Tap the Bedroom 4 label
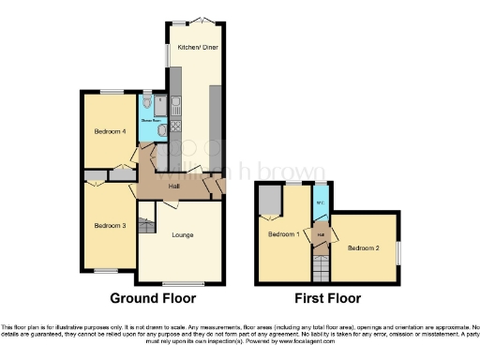click(x=110, y=132)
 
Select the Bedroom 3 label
click(x=110, y=225)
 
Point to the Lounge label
click(x=183, y=234)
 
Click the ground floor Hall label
click(x=173, y=187)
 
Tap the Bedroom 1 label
click(x=283, y=233)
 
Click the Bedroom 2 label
click(x=363, y=247)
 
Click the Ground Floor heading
click(x=153, y=299)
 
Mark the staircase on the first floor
click(x=321, y=270)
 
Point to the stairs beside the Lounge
click(x=146, y=226)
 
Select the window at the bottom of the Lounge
click(x=182, y=284)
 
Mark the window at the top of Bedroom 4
click(x=112, y=91)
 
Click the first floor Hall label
click(x=321, y=233)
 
